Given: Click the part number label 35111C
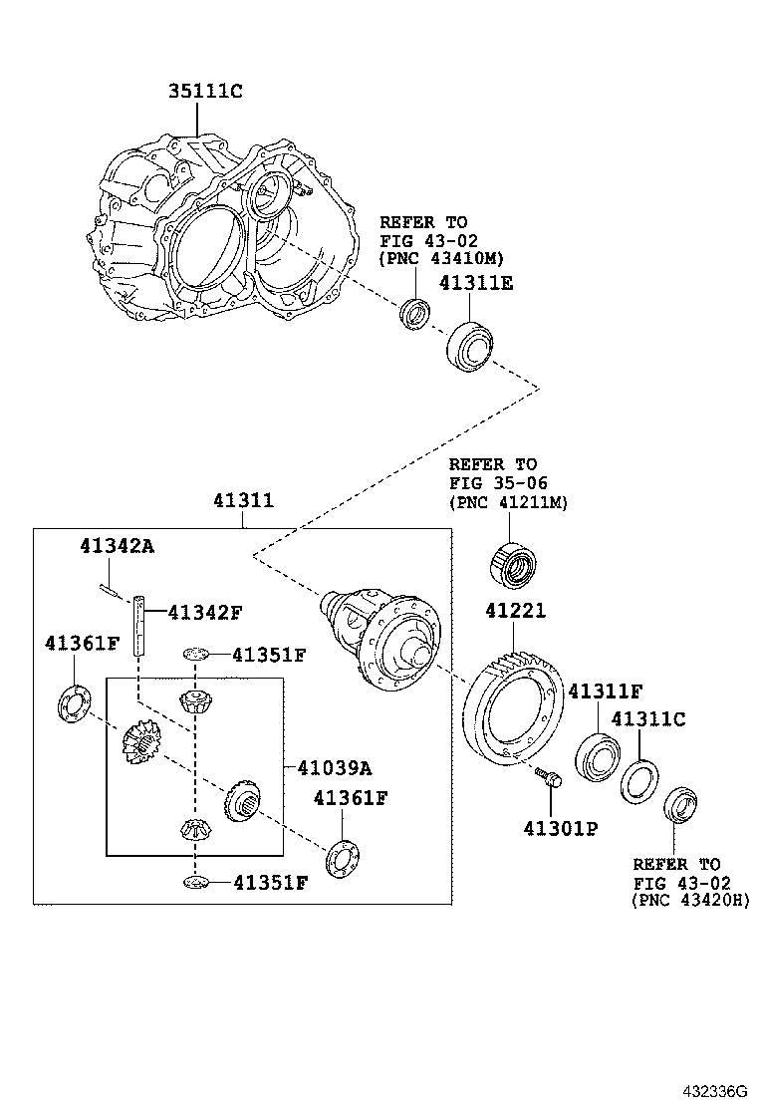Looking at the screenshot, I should click(205, 92).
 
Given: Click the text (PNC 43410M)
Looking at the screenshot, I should click(434, 258).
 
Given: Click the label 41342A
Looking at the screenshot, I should click(118, 545).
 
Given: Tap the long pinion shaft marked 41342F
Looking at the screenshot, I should click(140, 624).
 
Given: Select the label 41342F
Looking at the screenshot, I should click(204, 612).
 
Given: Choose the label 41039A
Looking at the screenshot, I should click(335, 767).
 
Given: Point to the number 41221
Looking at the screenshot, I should click(516, 611).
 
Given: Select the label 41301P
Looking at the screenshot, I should click(560, 828).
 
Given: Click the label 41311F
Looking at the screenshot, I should click(605, 690).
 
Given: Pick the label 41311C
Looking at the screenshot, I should click(648, 718).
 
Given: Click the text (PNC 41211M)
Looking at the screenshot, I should click(507, 503).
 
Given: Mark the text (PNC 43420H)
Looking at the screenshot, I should click(689, 900).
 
